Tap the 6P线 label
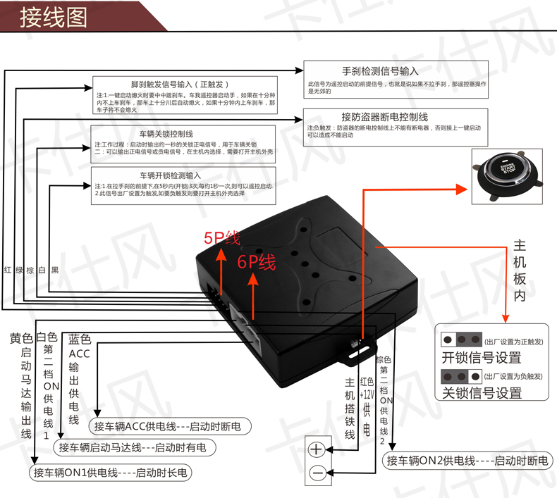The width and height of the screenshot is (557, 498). (256, 263)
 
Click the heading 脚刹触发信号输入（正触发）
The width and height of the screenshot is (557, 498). (180, 84)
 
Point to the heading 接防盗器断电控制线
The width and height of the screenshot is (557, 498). (384, 116)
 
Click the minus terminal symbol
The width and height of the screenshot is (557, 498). (317, 473)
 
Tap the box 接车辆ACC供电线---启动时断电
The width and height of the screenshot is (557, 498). (167, 426)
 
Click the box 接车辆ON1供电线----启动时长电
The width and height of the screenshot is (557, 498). (111, 473)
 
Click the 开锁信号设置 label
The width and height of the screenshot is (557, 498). (481, 358)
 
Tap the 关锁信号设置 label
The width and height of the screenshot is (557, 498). (482, 393)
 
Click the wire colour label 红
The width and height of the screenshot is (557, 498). (7, 270)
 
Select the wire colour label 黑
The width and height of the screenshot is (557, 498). (54, 270)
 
